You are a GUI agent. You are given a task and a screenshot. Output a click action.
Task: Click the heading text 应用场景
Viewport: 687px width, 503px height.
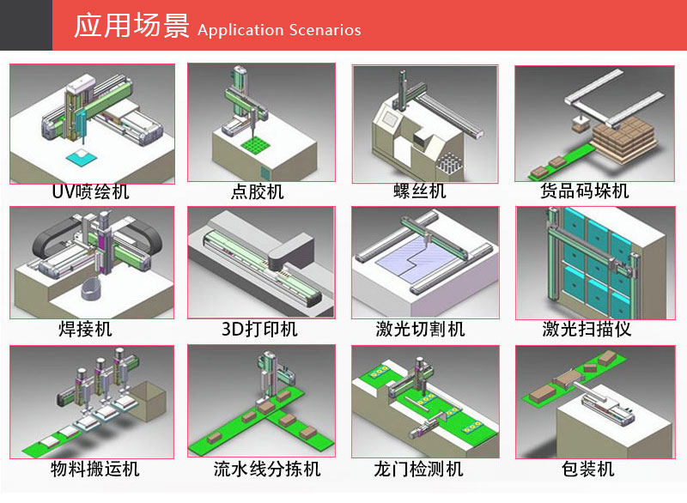[x=131, y=26]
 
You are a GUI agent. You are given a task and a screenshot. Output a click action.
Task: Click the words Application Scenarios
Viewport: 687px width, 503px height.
[x=280, y=30]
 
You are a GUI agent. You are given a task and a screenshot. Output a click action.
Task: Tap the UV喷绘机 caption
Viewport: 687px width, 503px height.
[x=90, y=191]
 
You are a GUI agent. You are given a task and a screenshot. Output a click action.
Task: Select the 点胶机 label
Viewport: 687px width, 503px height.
[x=258, y=191]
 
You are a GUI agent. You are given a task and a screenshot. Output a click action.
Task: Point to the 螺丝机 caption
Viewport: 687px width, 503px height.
[x=420, y=191]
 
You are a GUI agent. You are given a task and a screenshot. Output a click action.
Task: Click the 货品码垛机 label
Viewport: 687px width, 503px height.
[x=585, y=191]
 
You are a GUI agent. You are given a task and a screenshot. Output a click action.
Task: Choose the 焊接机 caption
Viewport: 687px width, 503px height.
[x=85, y=330]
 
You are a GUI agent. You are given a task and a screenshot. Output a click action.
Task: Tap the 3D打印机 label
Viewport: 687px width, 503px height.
[x=259, y=330]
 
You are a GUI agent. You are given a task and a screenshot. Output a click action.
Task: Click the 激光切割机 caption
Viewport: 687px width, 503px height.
[x=420, y=330]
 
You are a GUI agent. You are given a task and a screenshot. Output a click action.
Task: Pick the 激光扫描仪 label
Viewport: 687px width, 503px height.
[x=587, y=330]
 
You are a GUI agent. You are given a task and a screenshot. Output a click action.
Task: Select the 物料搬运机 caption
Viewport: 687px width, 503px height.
[x=95, y=469]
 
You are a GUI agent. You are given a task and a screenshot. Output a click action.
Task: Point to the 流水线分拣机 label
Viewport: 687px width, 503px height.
[x=267, y=469]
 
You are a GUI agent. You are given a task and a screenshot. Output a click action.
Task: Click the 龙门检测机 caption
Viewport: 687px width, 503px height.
[x=419, y=469]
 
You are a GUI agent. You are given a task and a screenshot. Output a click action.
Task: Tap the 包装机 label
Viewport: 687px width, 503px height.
[x=587, y=469]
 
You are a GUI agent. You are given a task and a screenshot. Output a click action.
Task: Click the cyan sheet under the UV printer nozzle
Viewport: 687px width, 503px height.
[x=82, y=157]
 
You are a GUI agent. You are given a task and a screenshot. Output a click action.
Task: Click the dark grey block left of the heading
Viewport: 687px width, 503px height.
[x=27, y=25]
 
